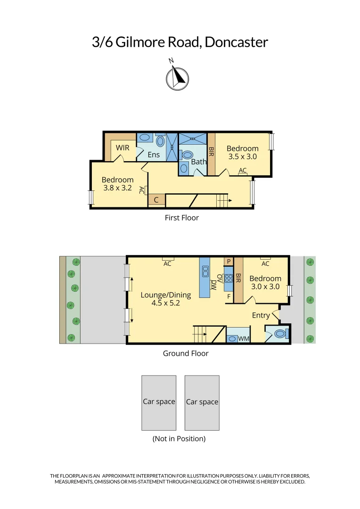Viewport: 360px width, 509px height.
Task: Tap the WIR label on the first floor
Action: pyautogui.click(x=123, y=148)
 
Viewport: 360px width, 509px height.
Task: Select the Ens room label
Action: pyautogui.click(x=154, y=155)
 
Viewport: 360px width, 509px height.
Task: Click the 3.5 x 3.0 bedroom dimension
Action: pyautogui.click(x=243, y=157)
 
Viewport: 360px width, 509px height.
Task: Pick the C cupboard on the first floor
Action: pyautogui.click(x=156, y=200)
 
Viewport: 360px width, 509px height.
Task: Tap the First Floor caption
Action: pyautogui.click(x=181, y=218)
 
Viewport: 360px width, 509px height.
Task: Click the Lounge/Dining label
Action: pyautogui.click(x=166, y=295)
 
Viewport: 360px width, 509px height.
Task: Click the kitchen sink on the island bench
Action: pyautogui.click(x=205, y=271)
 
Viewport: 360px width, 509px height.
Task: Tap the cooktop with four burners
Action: pyautogui.click(x=229, y=278)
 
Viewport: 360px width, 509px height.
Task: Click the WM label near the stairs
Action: pyautogui.click(x=244, y=339)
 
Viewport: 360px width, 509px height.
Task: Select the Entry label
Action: pyautogui.click(x=261, y=315)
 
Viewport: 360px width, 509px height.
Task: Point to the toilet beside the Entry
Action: pyautogui.click(x=279, y=334)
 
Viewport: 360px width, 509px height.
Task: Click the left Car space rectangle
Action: pyautogui.click(x=159, y=402)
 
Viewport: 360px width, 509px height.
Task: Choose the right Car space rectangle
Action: pyautogui.click(x=202, y=402)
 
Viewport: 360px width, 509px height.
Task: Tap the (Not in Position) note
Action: pyautogui.click(x=179, y=438)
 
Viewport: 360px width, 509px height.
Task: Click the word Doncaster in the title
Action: pyautogui.click(x=236, y=42)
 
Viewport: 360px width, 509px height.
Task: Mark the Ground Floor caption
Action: pyautogui.click(x=186, y=353)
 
